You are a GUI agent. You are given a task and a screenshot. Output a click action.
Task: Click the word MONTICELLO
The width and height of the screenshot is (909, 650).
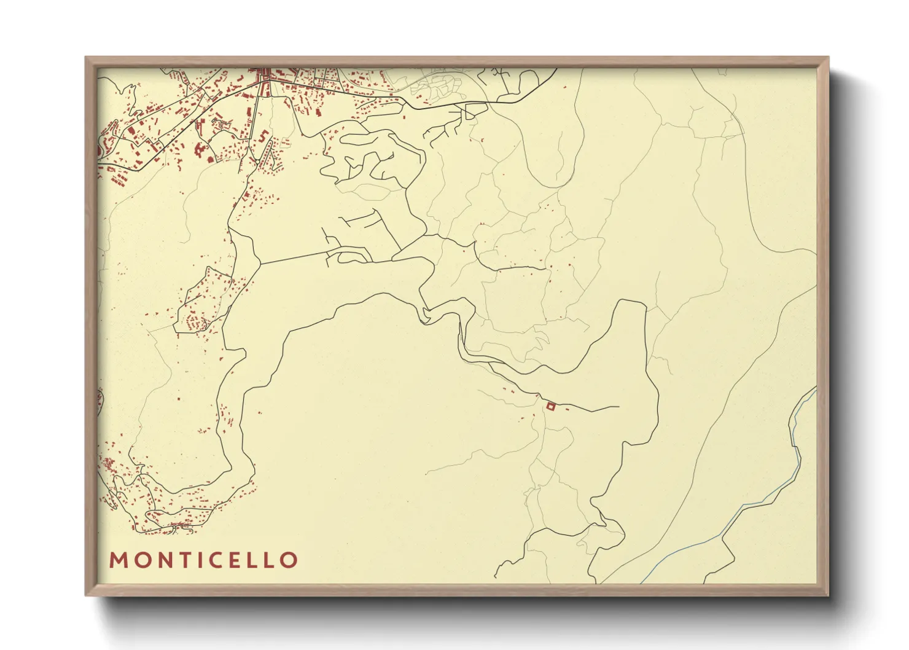click(x=203, y=560)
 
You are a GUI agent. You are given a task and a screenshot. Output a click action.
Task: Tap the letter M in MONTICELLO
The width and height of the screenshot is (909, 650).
click(x=117, y=560)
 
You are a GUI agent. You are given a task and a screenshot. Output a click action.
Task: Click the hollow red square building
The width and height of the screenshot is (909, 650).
click(x=551, y=405)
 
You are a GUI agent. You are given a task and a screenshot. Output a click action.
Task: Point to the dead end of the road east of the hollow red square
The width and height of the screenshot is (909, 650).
click(x=618, y=407)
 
